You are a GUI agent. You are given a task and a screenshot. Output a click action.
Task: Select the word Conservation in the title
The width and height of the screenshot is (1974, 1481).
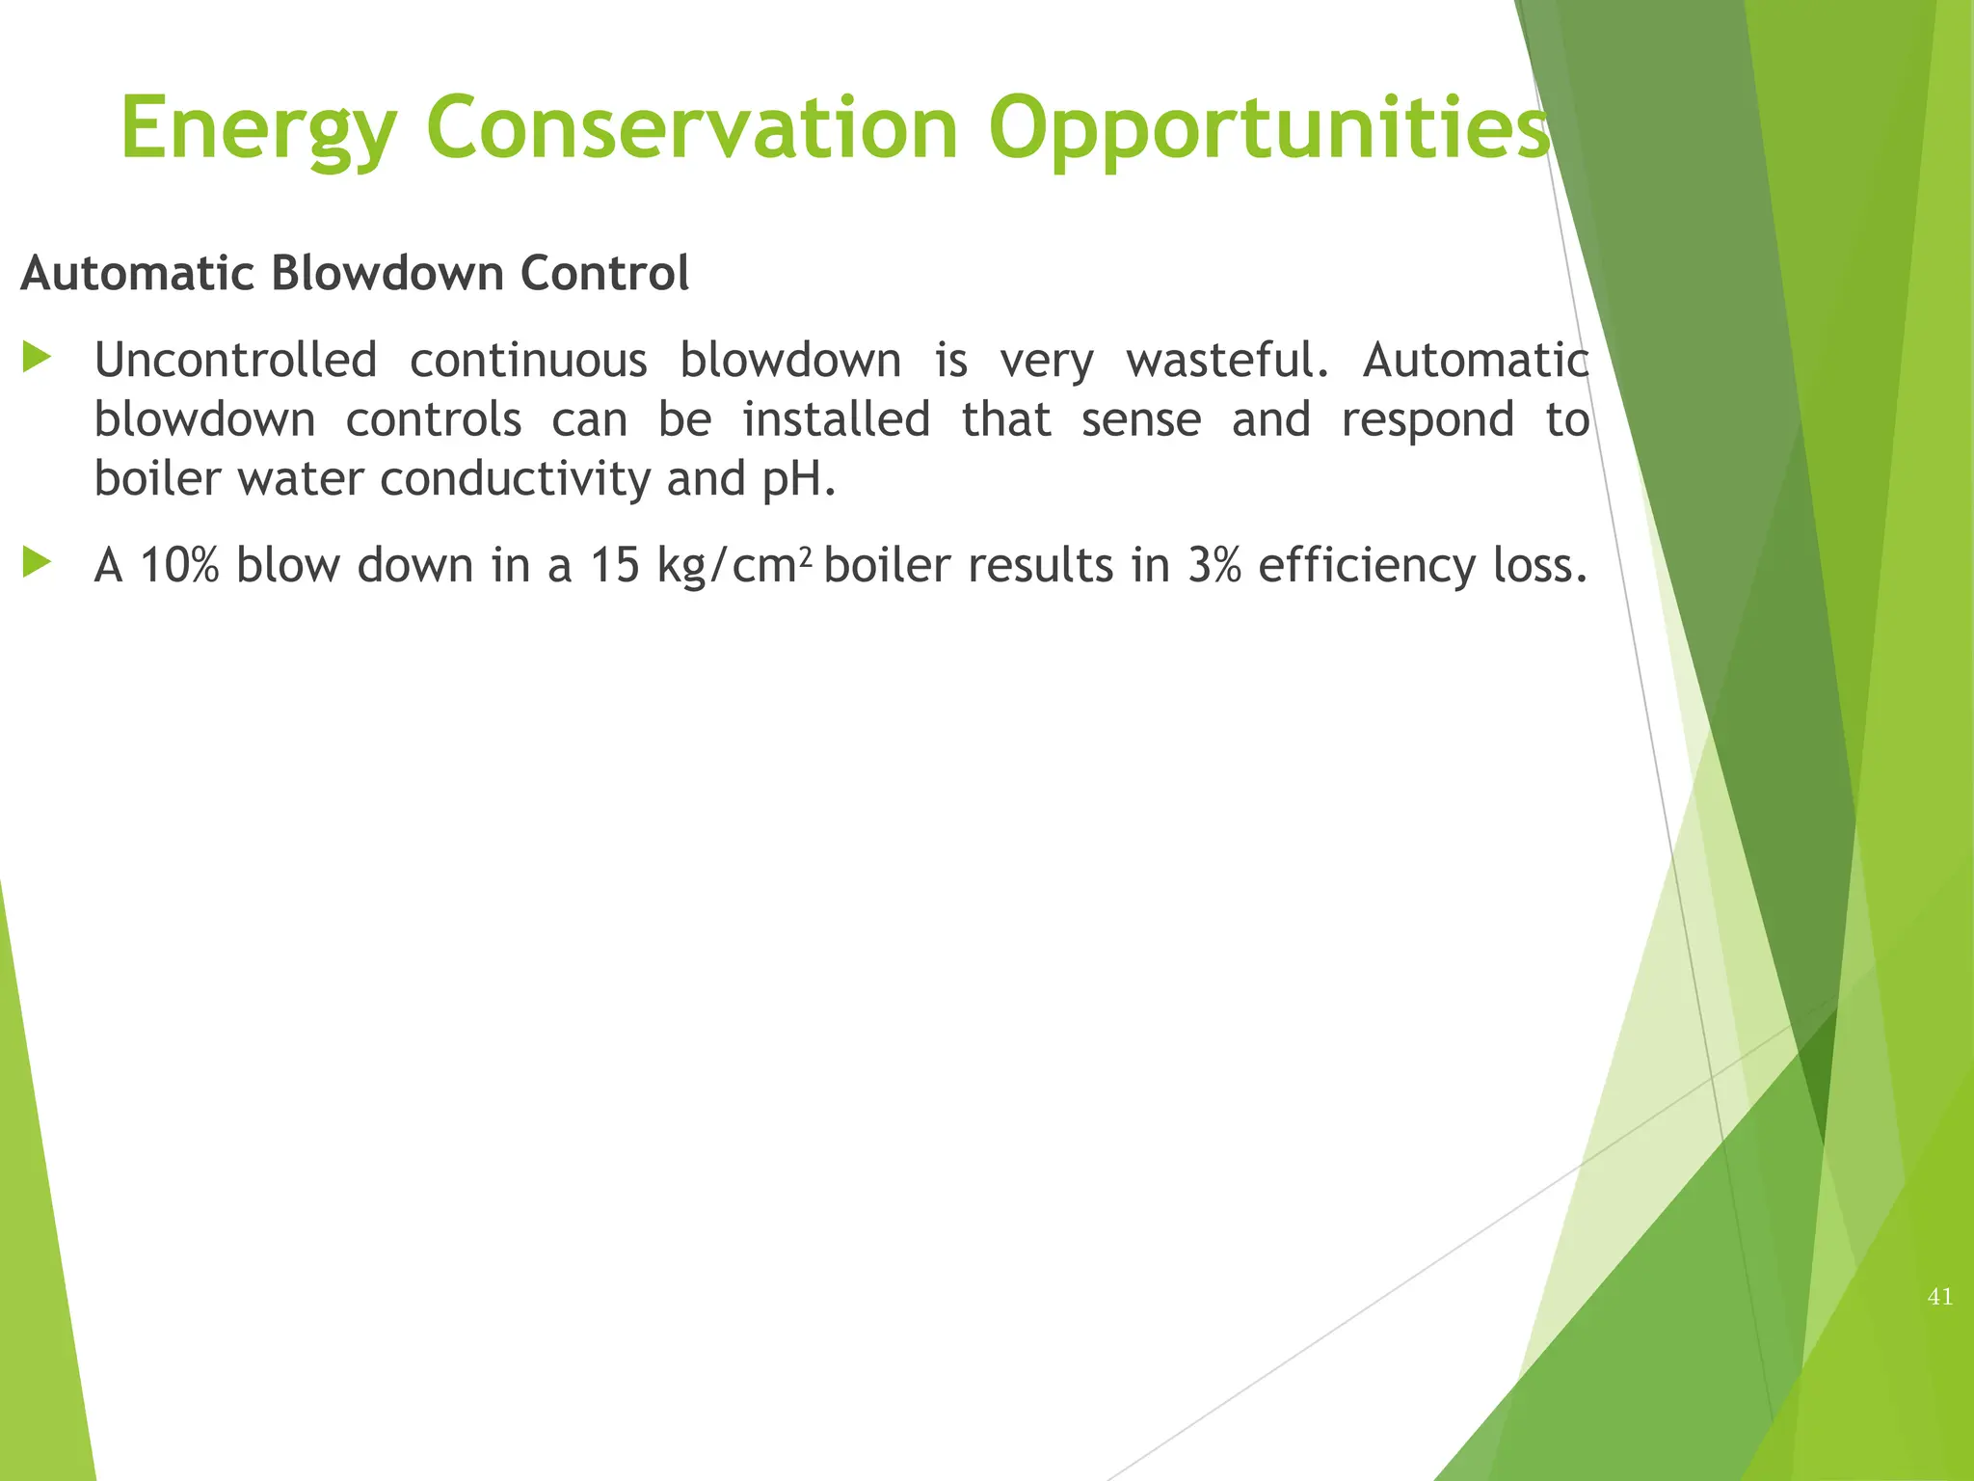[691, 128]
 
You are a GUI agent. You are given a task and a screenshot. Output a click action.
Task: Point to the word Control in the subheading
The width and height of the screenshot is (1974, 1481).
[604, 273]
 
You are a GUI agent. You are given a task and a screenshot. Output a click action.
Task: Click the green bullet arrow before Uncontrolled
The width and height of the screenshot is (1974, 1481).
[37, 359]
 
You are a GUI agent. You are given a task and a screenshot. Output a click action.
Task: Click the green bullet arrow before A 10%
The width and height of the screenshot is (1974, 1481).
[37, 562]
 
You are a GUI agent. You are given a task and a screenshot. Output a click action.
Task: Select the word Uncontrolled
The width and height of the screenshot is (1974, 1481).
[235, 361]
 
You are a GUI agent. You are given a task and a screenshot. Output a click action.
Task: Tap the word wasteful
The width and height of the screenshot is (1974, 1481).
[1227, 361]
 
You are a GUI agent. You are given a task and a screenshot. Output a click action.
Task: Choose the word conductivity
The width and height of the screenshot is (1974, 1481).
[515, 479]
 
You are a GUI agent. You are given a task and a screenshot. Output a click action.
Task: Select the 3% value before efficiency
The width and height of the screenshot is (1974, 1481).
[1214, 565]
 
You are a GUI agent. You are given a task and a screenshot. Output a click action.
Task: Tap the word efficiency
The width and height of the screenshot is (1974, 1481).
[1367, 566]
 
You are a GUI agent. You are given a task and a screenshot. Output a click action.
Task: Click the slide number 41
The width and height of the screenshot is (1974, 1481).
[1939, 1297]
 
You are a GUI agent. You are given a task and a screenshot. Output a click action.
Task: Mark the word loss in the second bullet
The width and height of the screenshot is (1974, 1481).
[1536, 565]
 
